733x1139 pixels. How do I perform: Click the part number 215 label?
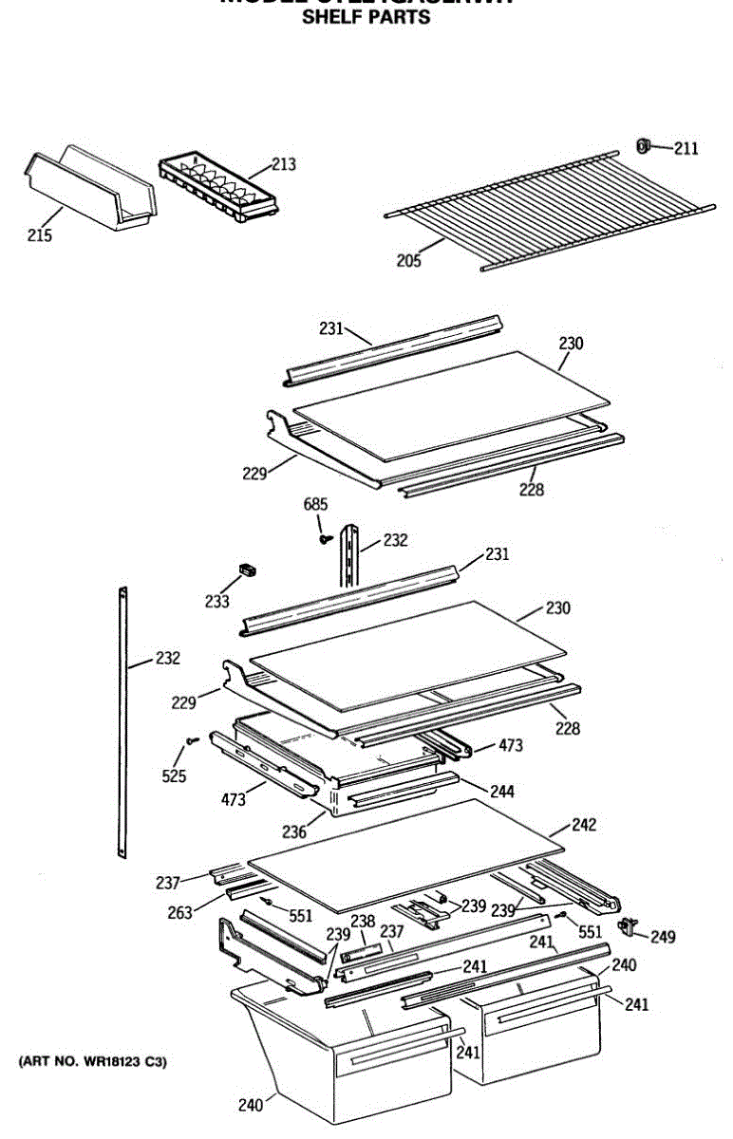(x=39, y=235)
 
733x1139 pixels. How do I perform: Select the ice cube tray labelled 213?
(x=218, y=189)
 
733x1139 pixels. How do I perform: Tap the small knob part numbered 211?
(x=643, y=145)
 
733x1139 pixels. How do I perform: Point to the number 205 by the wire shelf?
(x=408, y=262)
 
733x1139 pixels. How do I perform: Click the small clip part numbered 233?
(x=248, y=569)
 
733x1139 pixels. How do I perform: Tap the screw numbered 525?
(x=192, y=739)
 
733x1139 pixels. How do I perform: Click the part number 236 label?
(x=293, y=831)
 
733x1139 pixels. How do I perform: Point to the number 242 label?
(x=583, y=825)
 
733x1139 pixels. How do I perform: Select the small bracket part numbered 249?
(x=627, y=925)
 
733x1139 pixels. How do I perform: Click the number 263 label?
(x=179, y=912)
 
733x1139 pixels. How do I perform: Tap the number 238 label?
(x=363, y=921)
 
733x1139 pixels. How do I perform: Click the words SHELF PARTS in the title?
(x=366, y=17)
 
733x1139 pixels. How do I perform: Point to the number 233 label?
(x=217, y=602)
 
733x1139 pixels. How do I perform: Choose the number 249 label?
(x=663, y=937)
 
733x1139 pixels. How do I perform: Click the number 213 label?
(x=283, y=164)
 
